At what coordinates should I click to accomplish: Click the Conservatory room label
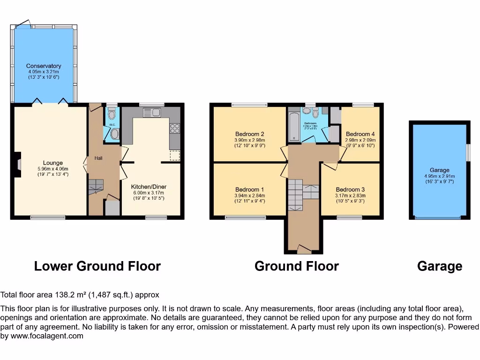coord(44,66)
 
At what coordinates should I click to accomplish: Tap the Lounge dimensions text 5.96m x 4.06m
coord(52,169)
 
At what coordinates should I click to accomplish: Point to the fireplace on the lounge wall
coord(18,165)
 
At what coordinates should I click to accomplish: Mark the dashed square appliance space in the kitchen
coord(175,156)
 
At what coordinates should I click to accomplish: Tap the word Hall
coord(98,158)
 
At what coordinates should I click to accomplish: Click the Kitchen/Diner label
coord(149,187)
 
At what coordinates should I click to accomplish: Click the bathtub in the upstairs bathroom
coord(293,126)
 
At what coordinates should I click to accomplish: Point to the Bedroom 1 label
coord(250,189)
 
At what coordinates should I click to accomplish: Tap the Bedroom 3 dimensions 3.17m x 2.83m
coord(350,195)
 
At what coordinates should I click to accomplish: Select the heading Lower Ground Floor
coord(97,267)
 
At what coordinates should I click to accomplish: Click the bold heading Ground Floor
coord(296,267)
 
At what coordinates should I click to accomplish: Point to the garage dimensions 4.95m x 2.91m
coord(439,176)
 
